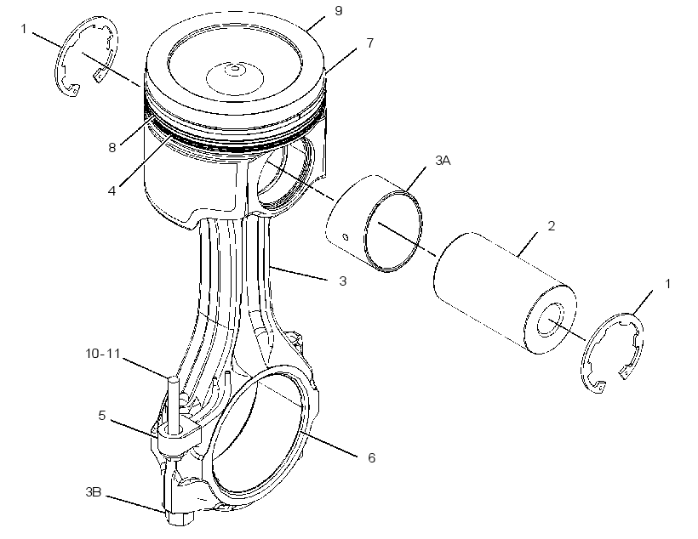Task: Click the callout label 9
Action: [x=338, y=11]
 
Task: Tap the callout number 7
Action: [x=370, y=43]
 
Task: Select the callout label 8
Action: [x=112, y=147]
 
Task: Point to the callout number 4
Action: [x=112, y=190]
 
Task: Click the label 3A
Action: [x=443, y=161]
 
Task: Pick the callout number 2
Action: [x=551, y=226]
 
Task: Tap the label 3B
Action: [x=94, y=492]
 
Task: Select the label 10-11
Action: [x=103, y=354]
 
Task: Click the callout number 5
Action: [x=102, y=416]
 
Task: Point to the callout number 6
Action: [x=372, y=457]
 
